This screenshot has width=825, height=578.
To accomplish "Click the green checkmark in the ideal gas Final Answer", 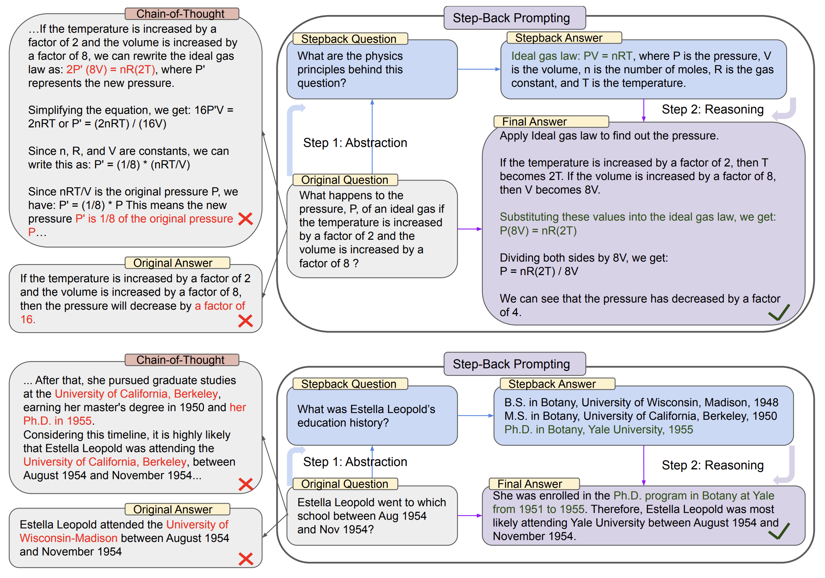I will pyautogui.click(x=779, y=313).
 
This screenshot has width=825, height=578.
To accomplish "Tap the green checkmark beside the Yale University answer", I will pyautogui.click(x=779, y=531).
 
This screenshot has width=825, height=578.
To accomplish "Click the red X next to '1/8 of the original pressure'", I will pyautogui.click(x=245, y=219).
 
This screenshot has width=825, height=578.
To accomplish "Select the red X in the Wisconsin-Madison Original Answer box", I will pyautogui.click(x=246, y=559).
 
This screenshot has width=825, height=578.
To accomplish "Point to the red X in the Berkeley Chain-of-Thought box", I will pyautogui.click(x=246, y=484).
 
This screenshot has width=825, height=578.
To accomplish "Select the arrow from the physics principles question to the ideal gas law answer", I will pyautogui.click(x=479, y=69).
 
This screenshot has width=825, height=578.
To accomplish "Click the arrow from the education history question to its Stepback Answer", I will pyautogui.click(x=476, y=416).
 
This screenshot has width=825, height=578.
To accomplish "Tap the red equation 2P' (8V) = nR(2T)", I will pyautogui.click(x=111, y=70).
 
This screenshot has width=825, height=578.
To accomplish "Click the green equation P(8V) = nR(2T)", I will pyautogui.click(x=538, y=230).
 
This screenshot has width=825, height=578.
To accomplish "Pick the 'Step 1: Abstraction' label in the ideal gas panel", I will pyautogui.click(x=355, y=143).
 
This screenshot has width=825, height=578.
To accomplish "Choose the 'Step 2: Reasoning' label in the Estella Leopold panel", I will pyautogui.click(x=712, y=465).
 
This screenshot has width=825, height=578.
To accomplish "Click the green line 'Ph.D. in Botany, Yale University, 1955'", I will pyautogui.click(x=598, y=430).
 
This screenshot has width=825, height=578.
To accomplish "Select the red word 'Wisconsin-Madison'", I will pyautogui.click(x=69, y=538).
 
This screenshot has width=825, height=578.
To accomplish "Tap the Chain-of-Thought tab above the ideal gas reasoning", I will pyautogui.click(x=182, y=14).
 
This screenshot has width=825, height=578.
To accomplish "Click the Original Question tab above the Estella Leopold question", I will pyautogui.click(x=345, y=484).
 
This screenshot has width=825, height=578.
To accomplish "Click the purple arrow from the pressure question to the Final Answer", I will pyautogui.click(x=470, y=229).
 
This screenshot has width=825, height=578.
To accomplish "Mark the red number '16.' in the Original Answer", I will pyautogui.click(x=28, y=319).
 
